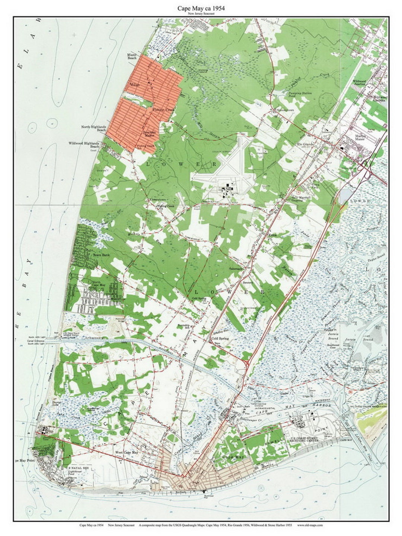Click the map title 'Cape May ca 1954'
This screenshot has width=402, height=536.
tap(201, 7)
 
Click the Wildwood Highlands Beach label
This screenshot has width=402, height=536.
tap(84, 144)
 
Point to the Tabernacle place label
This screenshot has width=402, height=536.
tap(236, 268)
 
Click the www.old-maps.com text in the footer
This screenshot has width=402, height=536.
tap(310, 525)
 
